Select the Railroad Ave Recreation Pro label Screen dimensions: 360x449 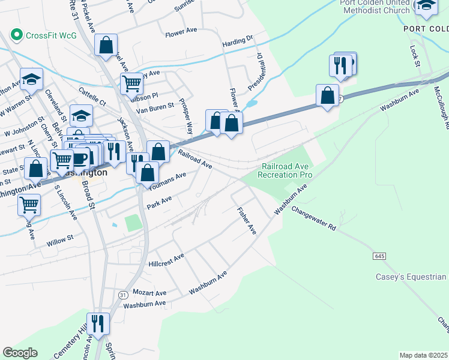(x=285, y=170)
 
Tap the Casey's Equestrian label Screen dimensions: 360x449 (x=411, y=277)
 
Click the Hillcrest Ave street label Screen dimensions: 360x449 (x=166, y=260)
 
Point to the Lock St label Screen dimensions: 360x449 (x=414, y=55)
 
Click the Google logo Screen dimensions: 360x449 (x=20, y=353)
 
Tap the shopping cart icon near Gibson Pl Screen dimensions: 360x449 (x=131, y=83)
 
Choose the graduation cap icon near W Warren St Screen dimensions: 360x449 (x=31, y=79)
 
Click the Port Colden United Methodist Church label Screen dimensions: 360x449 (x=375, y=6)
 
